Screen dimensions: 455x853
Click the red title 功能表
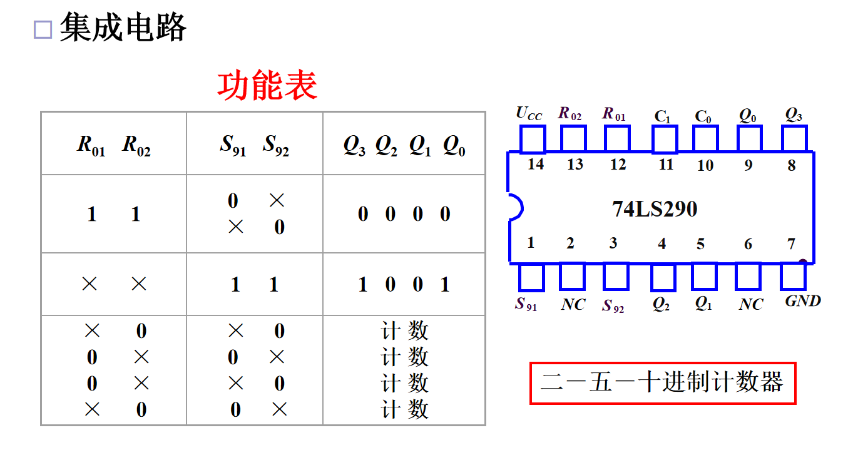click(267, 86)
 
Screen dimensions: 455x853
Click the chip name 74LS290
click(654, 209)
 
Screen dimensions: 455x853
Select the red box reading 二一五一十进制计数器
click(662, 382)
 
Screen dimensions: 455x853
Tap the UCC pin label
click(529, 114)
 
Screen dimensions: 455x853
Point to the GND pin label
click(803, 301)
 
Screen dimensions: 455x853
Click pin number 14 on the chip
click(536, 165)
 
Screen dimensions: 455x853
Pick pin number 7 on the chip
click(792, 243)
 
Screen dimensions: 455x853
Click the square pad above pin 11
click(664, 139)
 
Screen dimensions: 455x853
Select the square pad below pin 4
click(663, 277)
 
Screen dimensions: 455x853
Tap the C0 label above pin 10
click(703, 116)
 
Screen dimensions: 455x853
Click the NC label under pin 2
click(573, 305)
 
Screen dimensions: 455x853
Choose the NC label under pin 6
click(750, 305)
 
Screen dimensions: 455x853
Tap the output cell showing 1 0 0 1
click(404, 285)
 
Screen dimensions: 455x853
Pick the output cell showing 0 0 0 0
click(404, 214)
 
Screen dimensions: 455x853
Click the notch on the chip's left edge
click(514, 207)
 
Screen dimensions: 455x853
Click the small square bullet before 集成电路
click(43, 29)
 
